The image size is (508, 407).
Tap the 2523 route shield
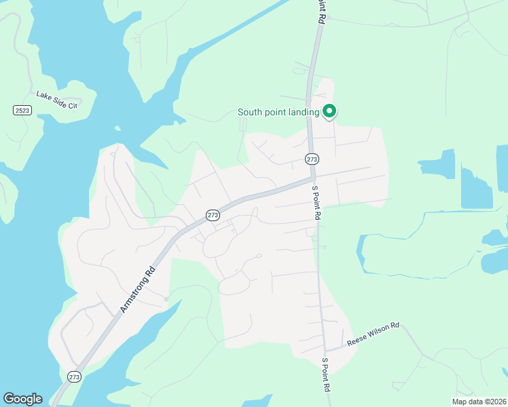[x=22, y=110]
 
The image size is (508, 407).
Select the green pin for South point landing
[x=329, y=111]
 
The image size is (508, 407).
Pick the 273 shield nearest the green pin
[x=312, y=159]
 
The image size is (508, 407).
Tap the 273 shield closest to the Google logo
[x=74, y=376]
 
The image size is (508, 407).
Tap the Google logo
[x=22, y=399]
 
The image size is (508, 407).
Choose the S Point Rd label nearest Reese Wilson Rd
[x=326, y=374]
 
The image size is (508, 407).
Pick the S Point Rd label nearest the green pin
[x=315, y=202]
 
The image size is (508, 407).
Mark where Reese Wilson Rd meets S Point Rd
[x=325, y=349]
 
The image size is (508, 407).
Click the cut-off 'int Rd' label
[x=318, y=12]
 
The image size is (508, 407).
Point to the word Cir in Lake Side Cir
[x=73, y=104]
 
